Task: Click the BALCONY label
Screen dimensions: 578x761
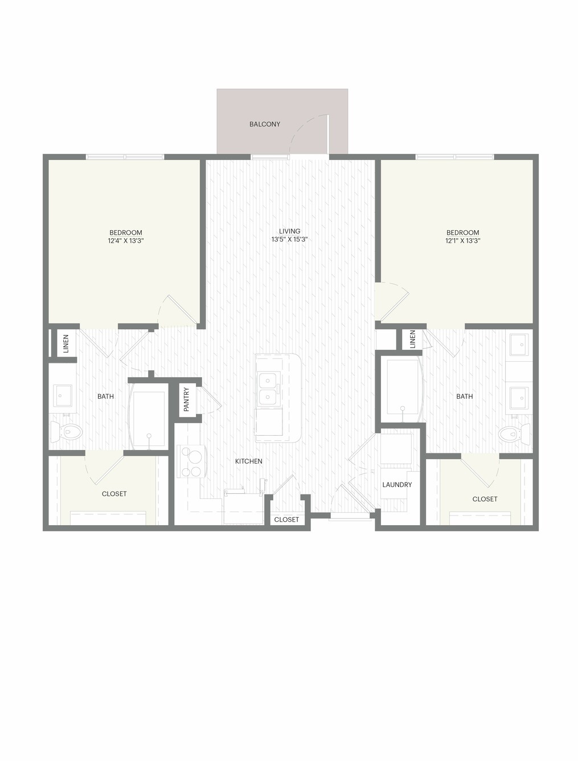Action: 264,124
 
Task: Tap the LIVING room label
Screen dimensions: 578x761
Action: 290,231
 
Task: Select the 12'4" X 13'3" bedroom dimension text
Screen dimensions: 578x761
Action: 126,240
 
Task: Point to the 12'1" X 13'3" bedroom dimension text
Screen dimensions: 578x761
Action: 462,240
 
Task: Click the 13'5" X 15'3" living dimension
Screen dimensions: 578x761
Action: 290,239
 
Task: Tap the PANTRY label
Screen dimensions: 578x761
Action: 187,399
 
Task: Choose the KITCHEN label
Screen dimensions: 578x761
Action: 248,461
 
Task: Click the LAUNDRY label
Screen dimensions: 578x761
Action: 397,485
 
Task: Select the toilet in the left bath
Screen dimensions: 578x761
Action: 66,432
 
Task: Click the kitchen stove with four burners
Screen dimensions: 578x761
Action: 192,461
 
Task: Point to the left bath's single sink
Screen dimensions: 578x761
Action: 63,395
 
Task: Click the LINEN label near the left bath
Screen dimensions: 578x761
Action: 66,343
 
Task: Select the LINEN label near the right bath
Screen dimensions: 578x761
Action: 412,339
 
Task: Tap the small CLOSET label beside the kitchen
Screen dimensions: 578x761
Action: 286,519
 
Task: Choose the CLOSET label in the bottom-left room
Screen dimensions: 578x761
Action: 114,494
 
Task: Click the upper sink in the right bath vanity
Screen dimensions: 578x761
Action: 522,345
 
